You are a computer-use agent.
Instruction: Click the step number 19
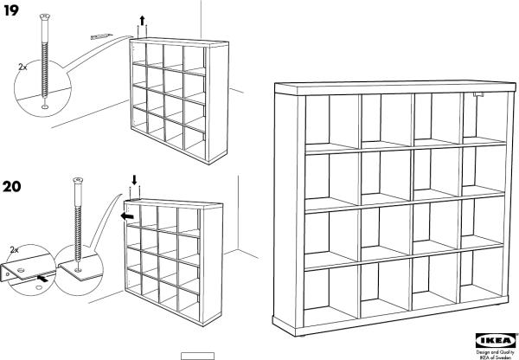point(11,10)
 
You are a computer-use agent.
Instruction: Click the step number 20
point(12,186)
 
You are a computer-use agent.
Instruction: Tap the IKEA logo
point(496,340)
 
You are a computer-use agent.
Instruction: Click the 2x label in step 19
point(22,67)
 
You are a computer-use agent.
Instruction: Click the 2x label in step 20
point(14,250)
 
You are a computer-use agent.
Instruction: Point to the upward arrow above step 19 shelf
point(142,21)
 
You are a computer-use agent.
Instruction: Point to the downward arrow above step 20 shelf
point(134,180)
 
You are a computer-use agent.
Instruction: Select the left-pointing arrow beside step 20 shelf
point(127,216)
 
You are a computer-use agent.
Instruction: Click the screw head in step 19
point(45,16)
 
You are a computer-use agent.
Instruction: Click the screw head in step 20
point(78,180)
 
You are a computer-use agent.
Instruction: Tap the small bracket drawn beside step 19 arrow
point(101,36)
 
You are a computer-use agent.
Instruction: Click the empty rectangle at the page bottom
point(197,356)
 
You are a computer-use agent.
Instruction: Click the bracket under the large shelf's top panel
point(478,95)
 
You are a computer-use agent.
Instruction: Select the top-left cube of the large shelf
point(331,120)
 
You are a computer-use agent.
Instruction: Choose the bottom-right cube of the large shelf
point(483,274)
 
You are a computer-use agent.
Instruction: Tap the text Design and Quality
point(495,352)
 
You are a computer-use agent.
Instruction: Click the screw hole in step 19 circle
point(45,106)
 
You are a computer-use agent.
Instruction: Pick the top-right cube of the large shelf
point(484,117)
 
